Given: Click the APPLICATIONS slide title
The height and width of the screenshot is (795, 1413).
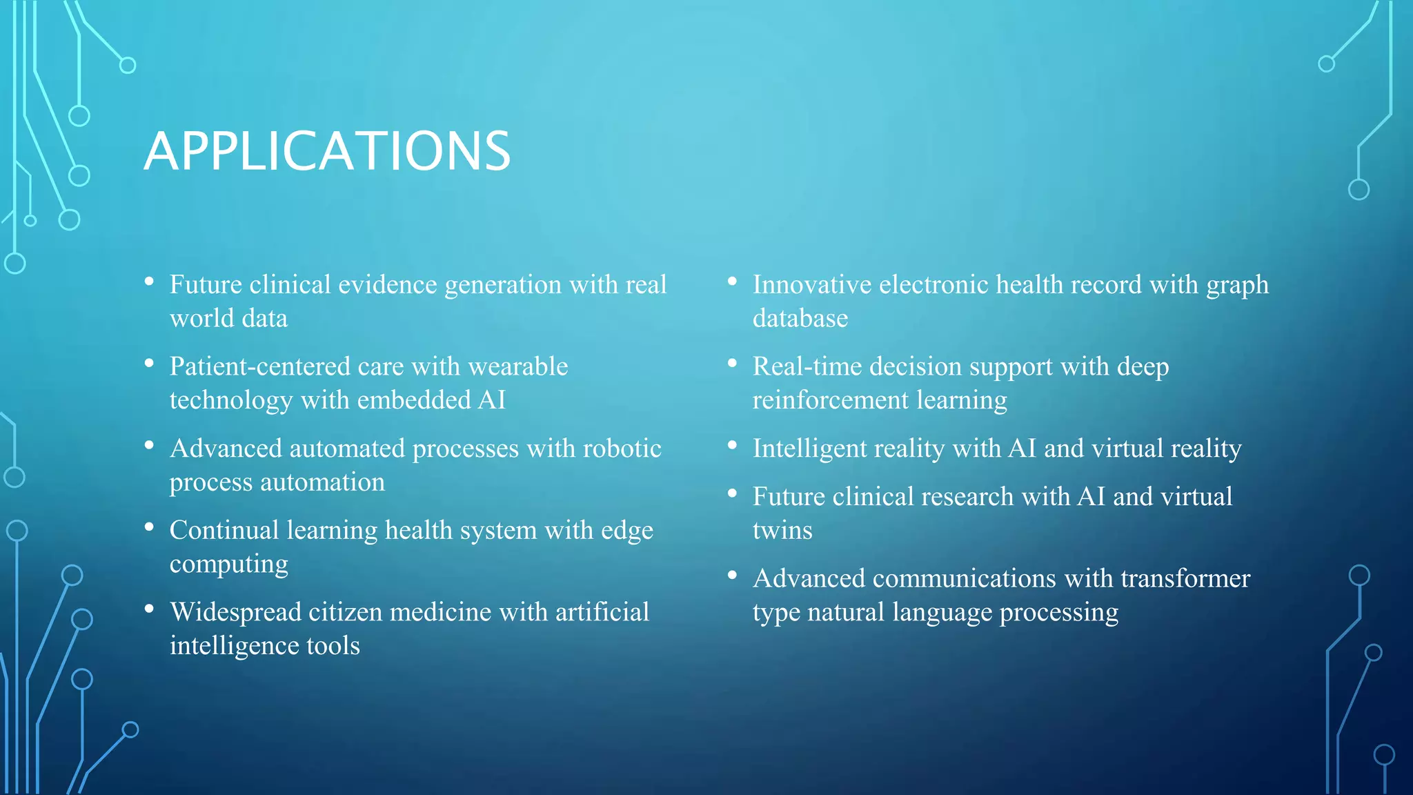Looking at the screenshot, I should click(x=327, y=151).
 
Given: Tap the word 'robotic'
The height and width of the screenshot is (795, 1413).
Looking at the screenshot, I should click(x=622, y=449).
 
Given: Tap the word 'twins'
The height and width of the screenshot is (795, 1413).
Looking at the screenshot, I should click(x=782, y=531).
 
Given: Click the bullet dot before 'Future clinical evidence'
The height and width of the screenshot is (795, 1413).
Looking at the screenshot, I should click(x=149, y=282).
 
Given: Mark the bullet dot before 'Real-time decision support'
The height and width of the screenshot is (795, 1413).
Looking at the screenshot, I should click(x=732, y=363).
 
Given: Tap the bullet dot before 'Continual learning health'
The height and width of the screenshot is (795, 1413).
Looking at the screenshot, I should click(x=149, y=527).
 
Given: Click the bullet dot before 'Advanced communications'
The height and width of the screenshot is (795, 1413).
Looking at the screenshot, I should click(x=732, y=575).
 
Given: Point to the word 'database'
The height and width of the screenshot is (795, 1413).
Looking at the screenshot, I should click(x=800, y=319).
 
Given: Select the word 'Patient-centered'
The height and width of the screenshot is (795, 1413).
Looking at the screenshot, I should click(x=260, y=366).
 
